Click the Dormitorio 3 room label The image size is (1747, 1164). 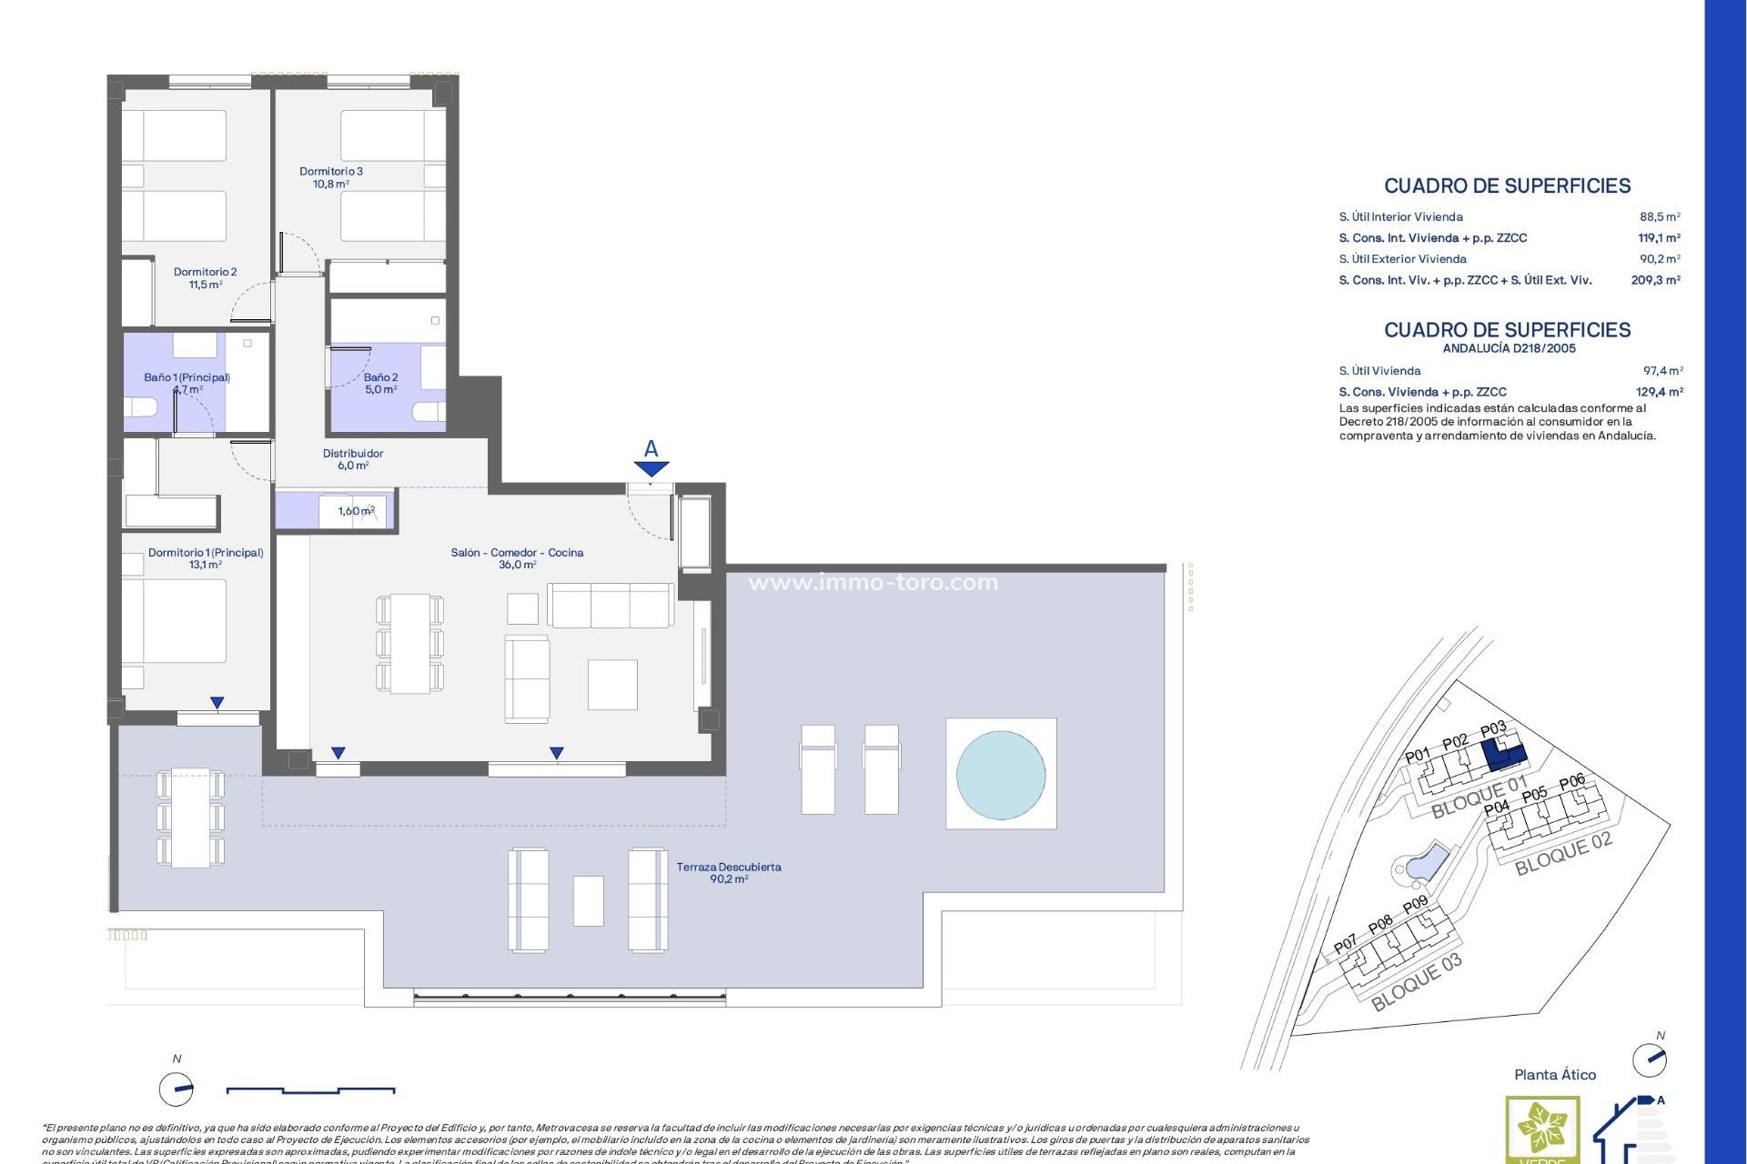click(x=331, y=177)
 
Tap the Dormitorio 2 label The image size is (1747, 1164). click(x=206, y=278)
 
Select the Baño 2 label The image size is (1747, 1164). click(x=380, y=383)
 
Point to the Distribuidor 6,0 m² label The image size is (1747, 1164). click(x=353, y=459)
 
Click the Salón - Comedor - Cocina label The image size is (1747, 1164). click(x=517, y=558)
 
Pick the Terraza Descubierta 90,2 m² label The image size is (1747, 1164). click(x=729, y=873)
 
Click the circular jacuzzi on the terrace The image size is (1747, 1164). click(x=1001, y=774)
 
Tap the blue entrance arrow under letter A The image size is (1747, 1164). click(x=651, y=469)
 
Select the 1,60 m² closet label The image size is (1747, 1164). click(x=356, y=511)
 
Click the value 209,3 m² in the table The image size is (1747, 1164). click(x=1655, y=280)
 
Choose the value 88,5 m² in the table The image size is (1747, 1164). click(x=1660, y=217)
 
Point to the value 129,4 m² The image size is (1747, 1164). click(x=1660, y=392)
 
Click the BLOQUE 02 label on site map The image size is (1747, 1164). click(x=1562, y=854)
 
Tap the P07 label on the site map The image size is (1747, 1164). click(x=1345, y=946)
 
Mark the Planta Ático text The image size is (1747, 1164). click(x=1555, y=1075)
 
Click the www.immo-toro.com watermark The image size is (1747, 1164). click(x=873, y=583)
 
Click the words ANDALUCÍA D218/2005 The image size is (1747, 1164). click(x=1509, y=348)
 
